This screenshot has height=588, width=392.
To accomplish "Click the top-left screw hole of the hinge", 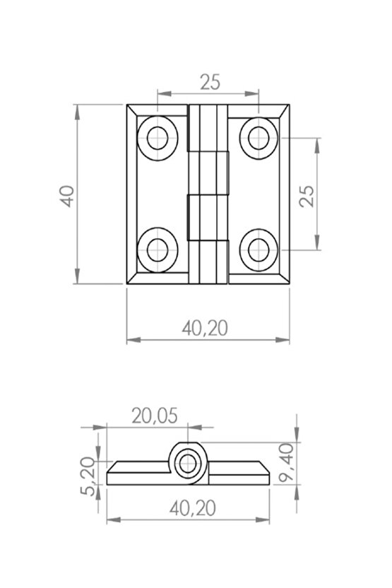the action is click(158, 139).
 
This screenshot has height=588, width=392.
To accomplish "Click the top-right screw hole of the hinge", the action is click(259, 139).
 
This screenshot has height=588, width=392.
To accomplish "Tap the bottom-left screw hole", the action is click(158, 249).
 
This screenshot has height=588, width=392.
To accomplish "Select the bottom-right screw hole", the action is click(259, 249).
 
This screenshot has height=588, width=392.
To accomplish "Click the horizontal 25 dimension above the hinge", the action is click(210, 82).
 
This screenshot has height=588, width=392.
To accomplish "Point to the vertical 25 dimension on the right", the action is click(307, 196).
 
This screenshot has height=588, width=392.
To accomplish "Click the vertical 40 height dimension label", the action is click(68, 196).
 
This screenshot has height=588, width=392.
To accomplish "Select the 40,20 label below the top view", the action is click(205, 329).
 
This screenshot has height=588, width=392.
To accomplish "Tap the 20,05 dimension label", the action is click(155, 416).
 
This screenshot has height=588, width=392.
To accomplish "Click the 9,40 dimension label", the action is click(287, 462).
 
